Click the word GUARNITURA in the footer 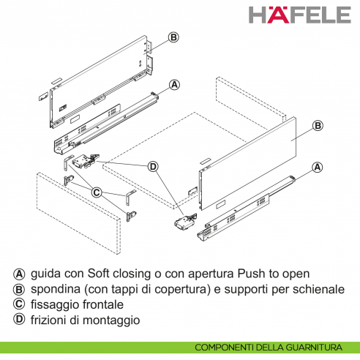[x=318, y=348]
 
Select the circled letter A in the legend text [x=18, y=273]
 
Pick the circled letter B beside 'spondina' [x=18, y=289]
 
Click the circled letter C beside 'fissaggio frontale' [x=18, y=304]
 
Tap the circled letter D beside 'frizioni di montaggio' [x=18, y=320]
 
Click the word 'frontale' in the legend [x=104, y=304]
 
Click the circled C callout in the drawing [x=97, y=192]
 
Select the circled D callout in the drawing [x=153, y=166]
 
